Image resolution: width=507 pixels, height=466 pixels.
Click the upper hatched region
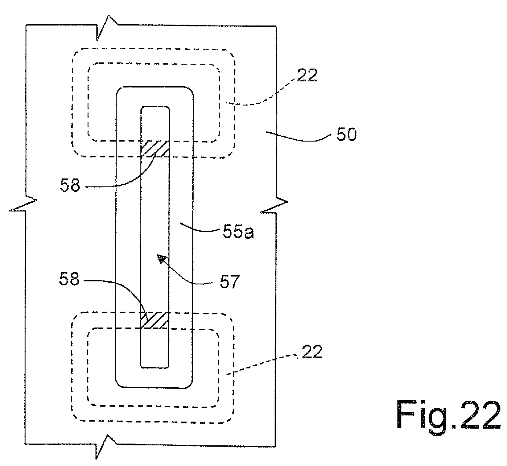pyautogui.click(x=155, y=149)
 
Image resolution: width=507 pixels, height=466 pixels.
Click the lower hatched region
pyautogui.click(x=154, y=320)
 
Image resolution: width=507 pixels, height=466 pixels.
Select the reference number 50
pyautogui.click(x=346, y=134)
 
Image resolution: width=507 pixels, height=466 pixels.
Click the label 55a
pyautogui.click(x=238, y=232)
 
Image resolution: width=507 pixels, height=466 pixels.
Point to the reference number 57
pyautogui.click(x=229, y=282)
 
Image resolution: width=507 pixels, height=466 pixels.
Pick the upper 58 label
pyautogui.click(x=70, y=186)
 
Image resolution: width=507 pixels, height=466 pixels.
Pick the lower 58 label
pyautogui.click(x=69, y=279)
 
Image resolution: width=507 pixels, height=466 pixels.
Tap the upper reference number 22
pyautogui.click(x=307, y=75)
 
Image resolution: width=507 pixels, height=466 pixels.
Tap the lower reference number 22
pyautogui.click(x=312, y=352)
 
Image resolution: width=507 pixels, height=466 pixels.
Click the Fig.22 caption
pyautogui.click(x=448, y=415)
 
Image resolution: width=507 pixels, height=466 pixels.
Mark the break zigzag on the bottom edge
pyautogui.click(x=106, y=447)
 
